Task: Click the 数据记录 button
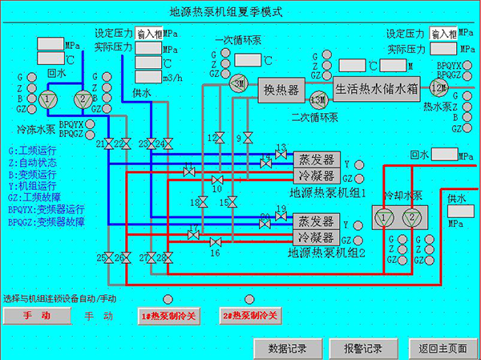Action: click(287, 348)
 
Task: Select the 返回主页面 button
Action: click(443, 348)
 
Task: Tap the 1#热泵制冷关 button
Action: click(168, 316)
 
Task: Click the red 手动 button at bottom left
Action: click(37, 316)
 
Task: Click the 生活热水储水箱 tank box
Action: click(377, 90)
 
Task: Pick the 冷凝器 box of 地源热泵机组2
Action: click(316, 237)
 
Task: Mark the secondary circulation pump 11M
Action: click(318, 99)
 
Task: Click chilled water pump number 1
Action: click(47, 99)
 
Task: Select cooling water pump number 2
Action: click(412, 217)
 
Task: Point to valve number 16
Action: click(215, 242)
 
